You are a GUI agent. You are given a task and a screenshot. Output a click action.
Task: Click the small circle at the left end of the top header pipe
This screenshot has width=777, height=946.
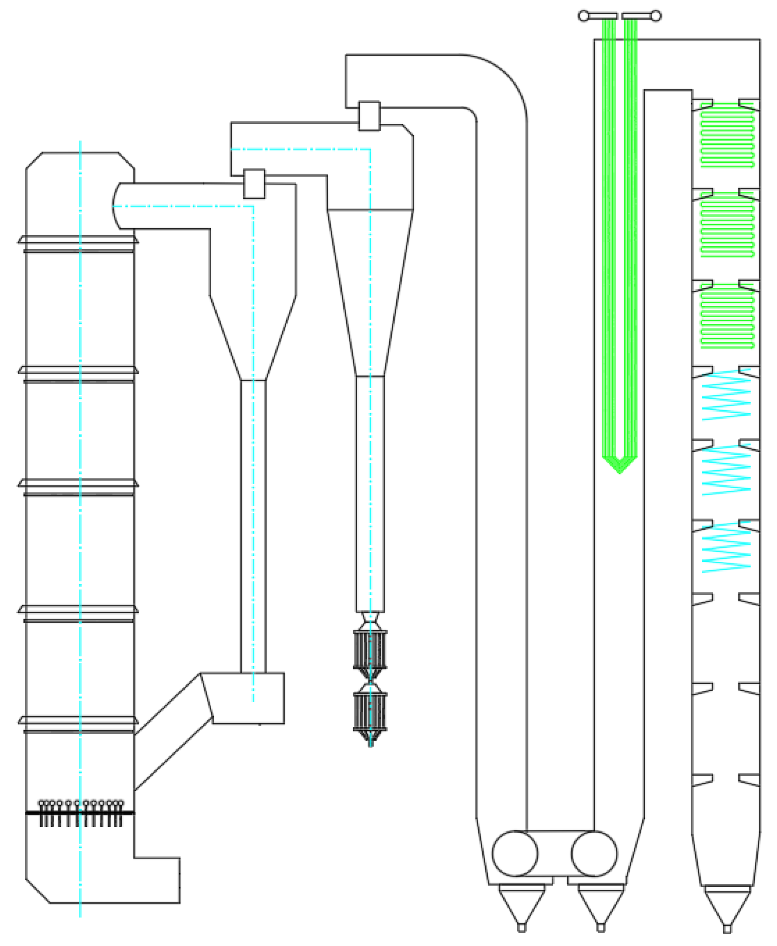click(583, 16)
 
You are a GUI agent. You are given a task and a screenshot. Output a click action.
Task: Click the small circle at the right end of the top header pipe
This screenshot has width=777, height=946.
click(656, 16)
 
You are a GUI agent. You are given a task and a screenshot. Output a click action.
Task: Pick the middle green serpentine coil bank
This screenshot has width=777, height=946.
click(727, 225)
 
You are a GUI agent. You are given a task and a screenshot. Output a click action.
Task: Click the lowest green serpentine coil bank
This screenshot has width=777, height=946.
click(727, 317)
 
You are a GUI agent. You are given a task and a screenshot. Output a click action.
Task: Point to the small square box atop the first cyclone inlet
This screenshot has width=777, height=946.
click(254, 183)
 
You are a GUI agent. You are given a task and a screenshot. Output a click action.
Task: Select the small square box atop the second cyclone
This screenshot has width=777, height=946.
click(369, 116)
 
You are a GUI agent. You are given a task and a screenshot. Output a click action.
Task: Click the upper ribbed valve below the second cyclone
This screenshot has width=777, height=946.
click(370, 649)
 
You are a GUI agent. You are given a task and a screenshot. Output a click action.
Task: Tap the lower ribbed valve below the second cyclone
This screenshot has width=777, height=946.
click(370, 711)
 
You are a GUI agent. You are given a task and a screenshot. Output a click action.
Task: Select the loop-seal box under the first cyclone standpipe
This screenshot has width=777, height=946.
click(249, 698)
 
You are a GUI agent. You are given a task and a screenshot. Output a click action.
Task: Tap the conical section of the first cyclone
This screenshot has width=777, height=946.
click(253, 338)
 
